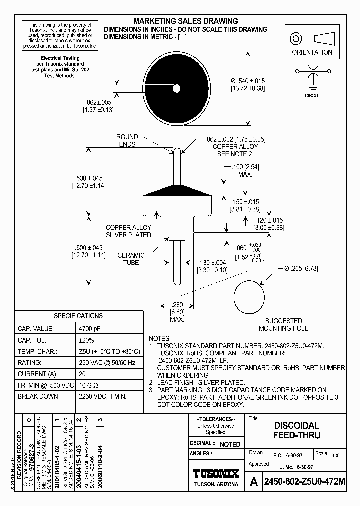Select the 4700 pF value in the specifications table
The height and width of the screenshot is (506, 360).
(x=90, y=329)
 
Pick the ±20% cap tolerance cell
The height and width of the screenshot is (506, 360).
(x=86, y=340)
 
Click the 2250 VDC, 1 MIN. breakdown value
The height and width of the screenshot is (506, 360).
(x=103, y=396)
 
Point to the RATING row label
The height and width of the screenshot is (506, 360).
(x=29, y=363)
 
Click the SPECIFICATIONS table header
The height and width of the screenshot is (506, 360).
(x=78, y=316)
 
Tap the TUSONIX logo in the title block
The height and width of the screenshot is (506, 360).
(x=216, y=473)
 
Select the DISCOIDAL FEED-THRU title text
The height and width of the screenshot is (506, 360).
(x=296, y=430)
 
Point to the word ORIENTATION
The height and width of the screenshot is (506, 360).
(x=312, y=52)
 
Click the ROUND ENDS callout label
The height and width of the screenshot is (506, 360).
(x=127, y=140)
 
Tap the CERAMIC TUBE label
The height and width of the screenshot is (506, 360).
(x=131, y=259)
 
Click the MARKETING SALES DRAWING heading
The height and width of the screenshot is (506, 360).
(x=185, y=21)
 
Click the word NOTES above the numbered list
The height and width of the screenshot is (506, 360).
(x=160, y=338)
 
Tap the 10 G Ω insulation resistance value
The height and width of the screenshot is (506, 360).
(x=89, y=385)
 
